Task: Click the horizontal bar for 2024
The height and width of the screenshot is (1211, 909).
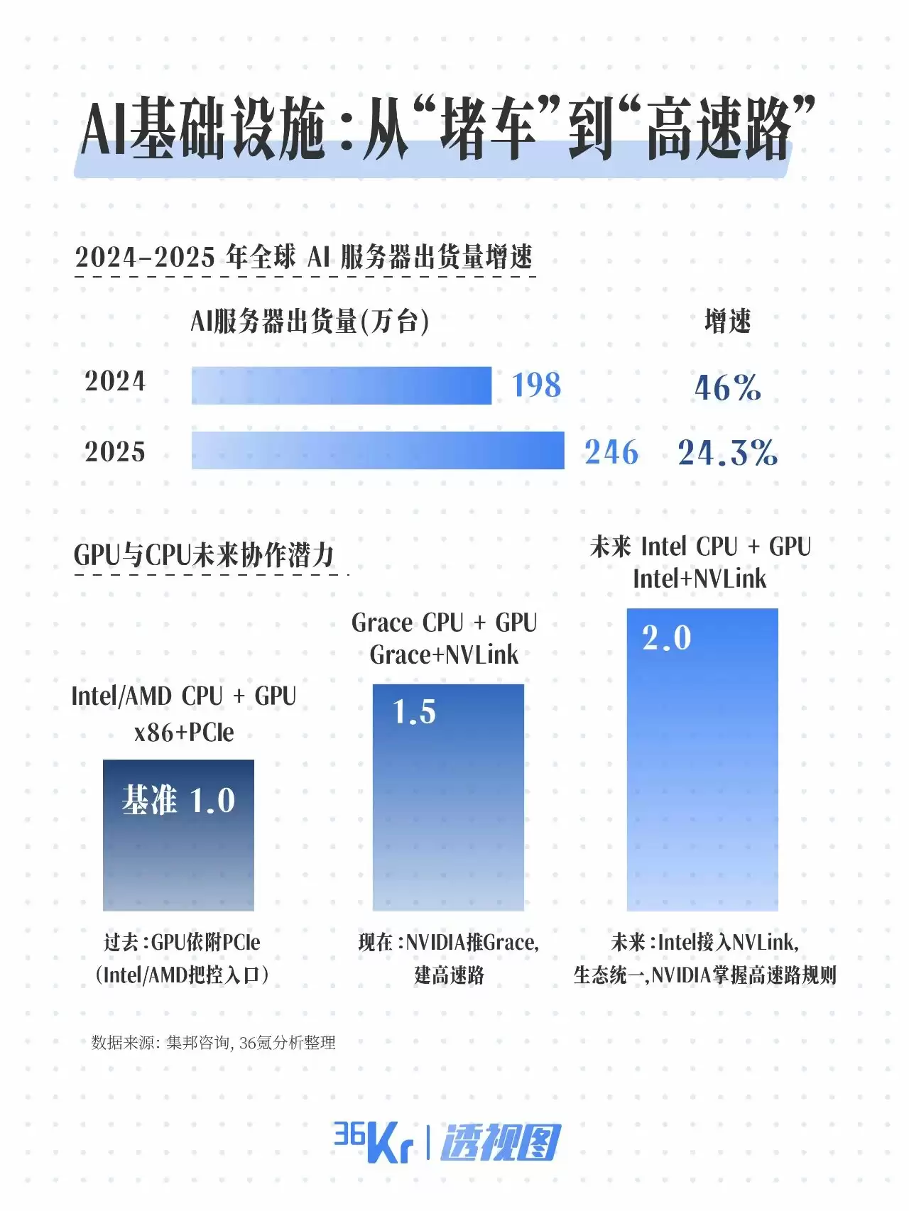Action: [x=341, y=385]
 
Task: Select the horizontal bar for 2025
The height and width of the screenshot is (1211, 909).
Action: [x=378, y=450]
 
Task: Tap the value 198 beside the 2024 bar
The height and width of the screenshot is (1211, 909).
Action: [x=537, y=385]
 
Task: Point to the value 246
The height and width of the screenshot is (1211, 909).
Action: [x=611, y=452]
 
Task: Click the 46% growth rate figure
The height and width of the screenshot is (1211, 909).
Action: [x=727, y=388]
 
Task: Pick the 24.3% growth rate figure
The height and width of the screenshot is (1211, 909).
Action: [x=727, y=452]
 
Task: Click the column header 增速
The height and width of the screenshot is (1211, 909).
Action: [x=727, y=322]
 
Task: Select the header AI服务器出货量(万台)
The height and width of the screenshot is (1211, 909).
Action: [x=310, y=322]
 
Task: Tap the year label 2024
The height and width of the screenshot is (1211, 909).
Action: [x=115, y=381]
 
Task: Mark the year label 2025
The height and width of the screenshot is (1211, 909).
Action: [x=115, y=451]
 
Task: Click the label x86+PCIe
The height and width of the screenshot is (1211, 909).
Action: [x=184, y=732]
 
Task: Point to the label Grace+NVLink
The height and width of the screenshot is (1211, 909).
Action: [x=445, y=654]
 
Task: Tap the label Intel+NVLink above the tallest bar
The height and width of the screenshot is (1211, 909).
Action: [x=700, y=579]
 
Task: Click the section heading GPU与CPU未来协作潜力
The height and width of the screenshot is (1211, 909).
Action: [x=204, y=554]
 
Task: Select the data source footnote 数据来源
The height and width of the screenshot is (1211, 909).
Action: [x=213, y=1042]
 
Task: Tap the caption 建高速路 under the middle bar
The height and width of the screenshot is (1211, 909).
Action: [x=449, y=975]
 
